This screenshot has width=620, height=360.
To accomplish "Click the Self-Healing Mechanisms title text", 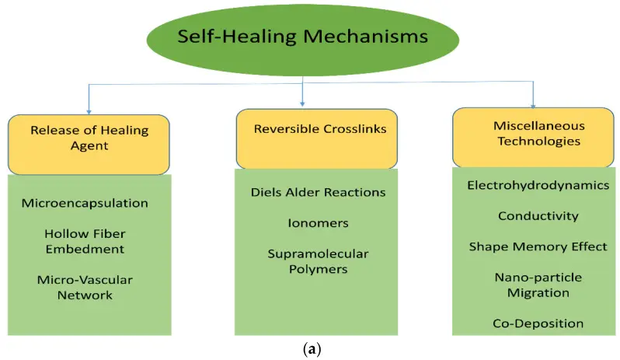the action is [302, 37].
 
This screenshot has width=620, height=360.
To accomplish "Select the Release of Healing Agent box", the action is [89, 145].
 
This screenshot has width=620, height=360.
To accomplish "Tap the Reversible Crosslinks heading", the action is [320, 129].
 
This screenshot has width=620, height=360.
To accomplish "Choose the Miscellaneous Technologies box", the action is [533, 138].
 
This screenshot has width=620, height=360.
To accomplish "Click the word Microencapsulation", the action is [85, 203].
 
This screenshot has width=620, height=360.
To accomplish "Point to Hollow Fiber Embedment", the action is [85, 241].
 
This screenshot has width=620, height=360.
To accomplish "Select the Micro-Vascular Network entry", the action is [85, 287].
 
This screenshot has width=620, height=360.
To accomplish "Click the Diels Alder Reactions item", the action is [318, 192].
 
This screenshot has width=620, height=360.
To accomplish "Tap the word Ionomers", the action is [318, 223].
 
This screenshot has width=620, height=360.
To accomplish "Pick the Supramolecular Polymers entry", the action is [318, 261].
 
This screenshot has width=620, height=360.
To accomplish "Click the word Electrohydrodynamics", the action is [538, 185].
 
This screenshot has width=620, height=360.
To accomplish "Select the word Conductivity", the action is [538, 216].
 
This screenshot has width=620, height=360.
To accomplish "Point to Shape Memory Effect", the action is [538, 246].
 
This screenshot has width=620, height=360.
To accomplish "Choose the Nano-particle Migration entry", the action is [538, 285].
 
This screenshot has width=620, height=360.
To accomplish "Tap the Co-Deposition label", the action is [538, 323].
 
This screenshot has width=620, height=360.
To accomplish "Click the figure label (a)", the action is [312, 349].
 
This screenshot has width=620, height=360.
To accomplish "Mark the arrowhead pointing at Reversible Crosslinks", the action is [302, 104].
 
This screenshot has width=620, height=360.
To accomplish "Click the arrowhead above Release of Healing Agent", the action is [89, 112].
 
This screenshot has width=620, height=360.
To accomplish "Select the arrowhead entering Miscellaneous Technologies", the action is [533, 106].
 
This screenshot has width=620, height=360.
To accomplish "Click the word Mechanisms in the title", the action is [365, 37].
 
